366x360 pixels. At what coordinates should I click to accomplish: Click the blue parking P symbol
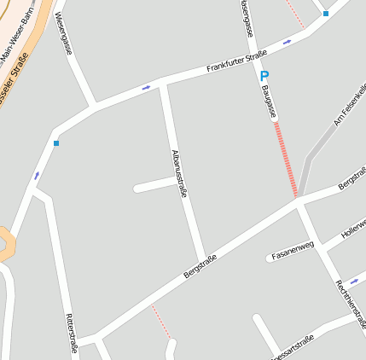264,76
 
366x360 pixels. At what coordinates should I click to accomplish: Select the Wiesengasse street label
62,34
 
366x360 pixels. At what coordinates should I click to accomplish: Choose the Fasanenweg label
293,250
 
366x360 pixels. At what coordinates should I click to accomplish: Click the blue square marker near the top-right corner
326,14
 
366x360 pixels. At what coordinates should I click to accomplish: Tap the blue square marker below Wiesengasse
56,143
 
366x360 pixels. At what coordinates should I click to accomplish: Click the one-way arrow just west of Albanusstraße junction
147,87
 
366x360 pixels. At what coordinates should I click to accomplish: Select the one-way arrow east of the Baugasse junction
287,41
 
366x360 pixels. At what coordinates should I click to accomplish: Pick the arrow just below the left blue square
37,176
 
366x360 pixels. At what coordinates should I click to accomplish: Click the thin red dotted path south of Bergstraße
160,321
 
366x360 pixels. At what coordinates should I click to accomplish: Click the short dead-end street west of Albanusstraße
154,184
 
